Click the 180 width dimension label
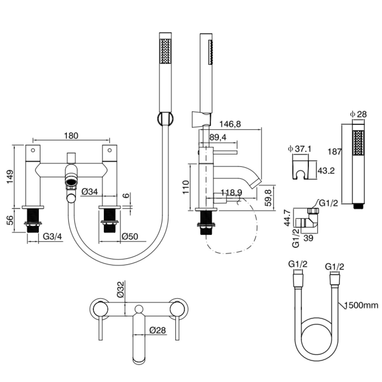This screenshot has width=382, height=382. point(71,136)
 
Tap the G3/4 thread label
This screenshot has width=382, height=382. point(52,236)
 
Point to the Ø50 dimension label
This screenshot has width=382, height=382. point(130,237)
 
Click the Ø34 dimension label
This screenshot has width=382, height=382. point(90,192)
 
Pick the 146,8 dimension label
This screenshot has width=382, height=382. point(230,124)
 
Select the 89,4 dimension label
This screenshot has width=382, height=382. point(218,138)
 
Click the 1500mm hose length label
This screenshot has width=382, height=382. point(361,305)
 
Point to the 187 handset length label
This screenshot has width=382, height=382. point(334,152)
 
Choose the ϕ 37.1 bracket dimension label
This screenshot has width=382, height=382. point(299,149)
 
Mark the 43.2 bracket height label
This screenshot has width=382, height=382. point(326,171)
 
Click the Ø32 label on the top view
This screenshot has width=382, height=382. point(121,289)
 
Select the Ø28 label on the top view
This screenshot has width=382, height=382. point(158,330)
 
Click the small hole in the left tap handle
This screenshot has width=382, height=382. point(33,150)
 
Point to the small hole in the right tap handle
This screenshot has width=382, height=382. point(110,150)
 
